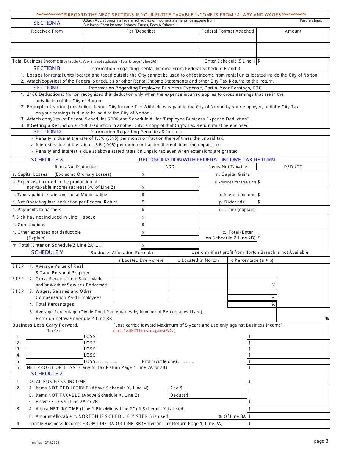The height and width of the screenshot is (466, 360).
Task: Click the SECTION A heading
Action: [47, 23]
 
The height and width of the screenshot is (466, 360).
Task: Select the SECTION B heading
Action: [47, 68]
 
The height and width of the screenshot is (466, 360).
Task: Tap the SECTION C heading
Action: [47, 88]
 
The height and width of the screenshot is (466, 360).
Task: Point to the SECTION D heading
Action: [47, 131]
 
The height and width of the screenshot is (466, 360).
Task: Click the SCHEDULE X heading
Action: [47, 160]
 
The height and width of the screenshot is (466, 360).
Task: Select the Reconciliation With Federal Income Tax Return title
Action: [207, 160]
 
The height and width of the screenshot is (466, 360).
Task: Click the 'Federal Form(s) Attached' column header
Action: [227, 31]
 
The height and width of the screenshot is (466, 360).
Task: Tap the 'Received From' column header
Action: [47, 31]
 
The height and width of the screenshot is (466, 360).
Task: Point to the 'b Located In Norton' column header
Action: [198, 260]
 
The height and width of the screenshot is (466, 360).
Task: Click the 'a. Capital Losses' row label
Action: [30, 174]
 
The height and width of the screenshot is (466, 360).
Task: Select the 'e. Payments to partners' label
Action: [36, 210]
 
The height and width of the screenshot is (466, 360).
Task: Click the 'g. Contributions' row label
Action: [28, 225]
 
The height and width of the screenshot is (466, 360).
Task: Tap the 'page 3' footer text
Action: [321, 441]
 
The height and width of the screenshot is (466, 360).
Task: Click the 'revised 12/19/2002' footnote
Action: [45, 442]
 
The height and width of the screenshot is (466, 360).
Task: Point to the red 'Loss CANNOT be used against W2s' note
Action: [144, 331]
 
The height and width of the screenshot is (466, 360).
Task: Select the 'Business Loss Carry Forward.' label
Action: [45, 325]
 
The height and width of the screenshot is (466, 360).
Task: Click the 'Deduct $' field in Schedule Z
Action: [179, 395]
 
